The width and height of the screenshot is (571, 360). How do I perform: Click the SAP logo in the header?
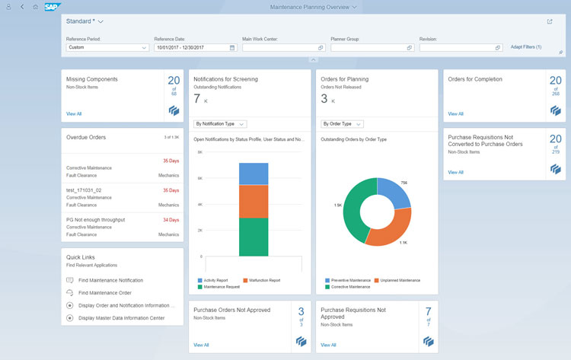(53, 7)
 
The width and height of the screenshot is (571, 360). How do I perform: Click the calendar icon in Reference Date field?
(232, 47)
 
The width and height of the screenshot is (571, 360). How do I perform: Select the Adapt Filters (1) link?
(526, 47)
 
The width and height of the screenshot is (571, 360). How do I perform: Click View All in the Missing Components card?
(74, 113)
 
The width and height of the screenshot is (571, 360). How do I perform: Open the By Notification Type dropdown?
(220, 123)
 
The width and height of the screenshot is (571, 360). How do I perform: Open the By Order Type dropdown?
(342, 123)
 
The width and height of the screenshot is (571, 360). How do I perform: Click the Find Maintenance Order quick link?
(104, 292)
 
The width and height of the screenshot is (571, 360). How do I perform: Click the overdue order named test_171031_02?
(84, 190)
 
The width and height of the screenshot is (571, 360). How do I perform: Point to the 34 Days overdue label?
(171, 220)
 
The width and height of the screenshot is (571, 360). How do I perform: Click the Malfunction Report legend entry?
(262, 280)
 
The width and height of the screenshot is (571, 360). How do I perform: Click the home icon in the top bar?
(35, 7)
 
